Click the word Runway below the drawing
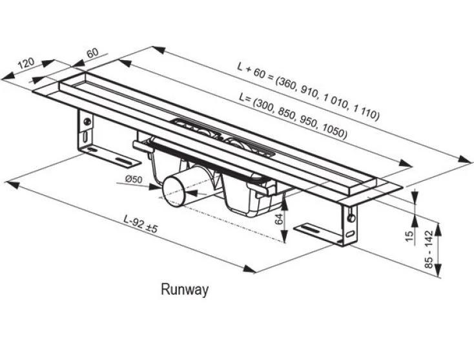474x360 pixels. [x=185, y=290]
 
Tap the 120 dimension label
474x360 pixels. [x=26, y=64]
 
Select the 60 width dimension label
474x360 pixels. [x=92, y=52]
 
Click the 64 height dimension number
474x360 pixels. [x=279, y=219]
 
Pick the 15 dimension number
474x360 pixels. [x=408, y=236]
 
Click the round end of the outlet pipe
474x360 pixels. [x=172, y=191]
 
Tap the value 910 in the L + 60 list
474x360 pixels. [x=309, y=92]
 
